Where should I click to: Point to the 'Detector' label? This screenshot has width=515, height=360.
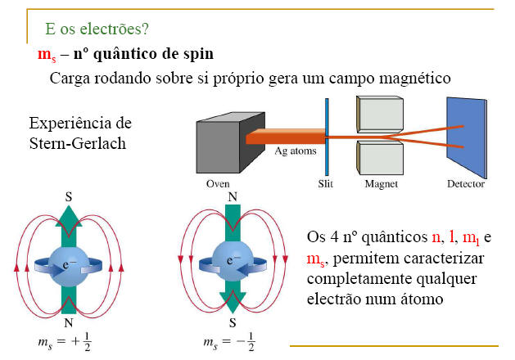[466, 184]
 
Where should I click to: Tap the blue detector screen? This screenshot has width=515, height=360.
[466, 135]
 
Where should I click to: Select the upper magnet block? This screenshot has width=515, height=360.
[378, 115]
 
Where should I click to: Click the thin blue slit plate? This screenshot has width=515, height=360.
[328, 135]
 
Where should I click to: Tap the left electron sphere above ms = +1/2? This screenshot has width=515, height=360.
[70, 261]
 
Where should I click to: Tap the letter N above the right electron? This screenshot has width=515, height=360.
[231, 197]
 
